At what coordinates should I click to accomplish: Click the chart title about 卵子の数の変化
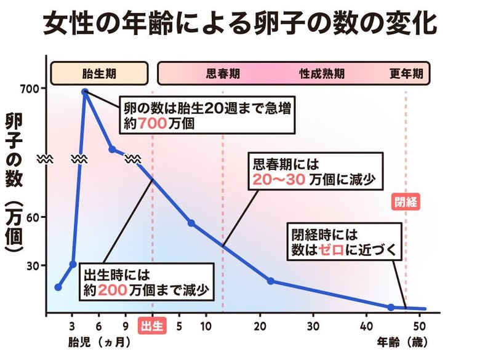point(240,25)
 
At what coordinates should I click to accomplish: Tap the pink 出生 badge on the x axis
point(151,325)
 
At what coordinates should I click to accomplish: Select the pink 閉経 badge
point(406,202)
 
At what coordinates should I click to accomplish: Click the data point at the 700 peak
point(85,92)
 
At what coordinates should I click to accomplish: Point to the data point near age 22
point(271,281)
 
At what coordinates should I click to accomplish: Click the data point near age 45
point(391,306)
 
